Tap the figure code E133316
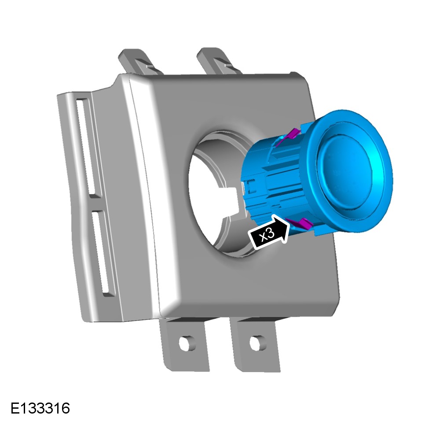[40, 408]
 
